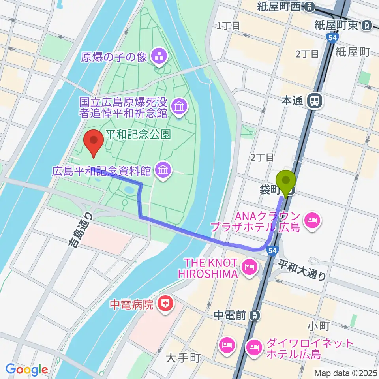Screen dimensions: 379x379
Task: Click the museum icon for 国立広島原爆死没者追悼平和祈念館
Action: pyautogui.click(x=180, y=107)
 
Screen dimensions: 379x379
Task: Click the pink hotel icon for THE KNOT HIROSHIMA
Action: pyautogui.click(x=250, y=268)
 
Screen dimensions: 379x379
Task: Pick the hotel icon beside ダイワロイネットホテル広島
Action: pyautogui.click(x=253, y=347)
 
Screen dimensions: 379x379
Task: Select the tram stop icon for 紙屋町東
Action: pyautogui.click(x=367, y=25)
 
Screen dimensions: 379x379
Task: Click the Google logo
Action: pyautogui.click(x=26, y=370)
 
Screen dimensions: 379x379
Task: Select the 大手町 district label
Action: pyautogui.click(x=183, y=358)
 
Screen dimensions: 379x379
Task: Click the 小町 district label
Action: pyautogui.click(x=317, y=326)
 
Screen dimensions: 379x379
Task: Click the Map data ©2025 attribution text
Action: pyautogui.click(x=346, y=373)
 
